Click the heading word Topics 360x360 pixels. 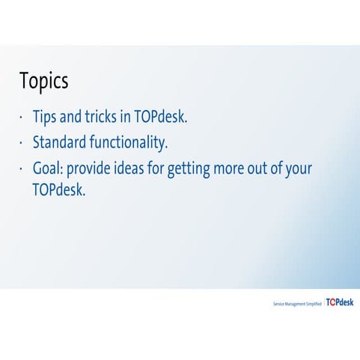click(44, 81)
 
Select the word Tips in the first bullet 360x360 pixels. click(46, 118)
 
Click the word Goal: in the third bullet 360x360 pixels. click(49, 167)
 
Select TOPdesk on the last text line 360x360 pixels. click(59, 189)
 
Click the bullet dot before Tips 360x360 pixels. click(22, 118)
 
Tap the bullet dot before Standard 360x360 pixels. click(22, 142)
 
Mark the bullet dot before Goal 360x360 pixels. click(22, 168)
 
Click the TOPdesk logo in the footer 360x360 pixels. click(340, 303)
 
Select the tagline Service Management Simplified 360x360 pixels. click(297, 305)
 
